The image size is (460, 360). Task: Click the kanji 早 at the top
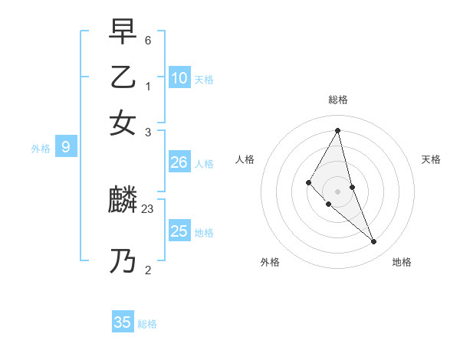pyautogui.click(x=123, y=33)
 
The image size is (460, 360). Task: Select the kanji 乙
pyautogui.click(x=123, y=77)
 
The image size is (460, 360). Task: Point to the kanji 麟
pyautogui.click(x=123, y=201)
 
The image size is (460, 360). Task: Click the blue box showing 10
pyautogui.click(x=179, y=77)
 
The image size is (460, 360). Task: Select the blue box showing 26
pyautogui.click(x=179, y=162)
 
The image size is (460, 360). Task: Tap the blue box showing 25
pyautogui.click(x=179, y=231)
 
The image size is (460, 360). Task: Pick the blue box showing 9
pyautogui.click(x=66, y=147)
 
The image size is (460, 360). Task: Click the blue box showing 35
pyautogui.click(x=123, y=322)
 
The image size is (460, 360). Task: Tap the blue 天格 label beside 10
pyautogui.click(x=204, y=80)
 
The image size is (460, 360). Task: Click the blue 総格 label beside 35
pyautogui.click(x=147, y=324)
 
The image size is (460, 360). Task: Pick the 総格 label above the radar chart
pyautogui.click(x=337, y=100)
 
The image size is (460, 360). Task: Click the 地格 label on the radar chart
pyautogui.click(x=402, y=262)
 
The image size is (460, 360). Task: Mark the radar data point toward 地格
pyautogui.click(x=374, y=242)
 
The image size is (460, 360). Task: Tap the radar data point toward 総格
pyautogui.click(x=337, y=130)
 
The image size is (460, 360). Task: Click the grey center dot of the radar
pyautogui.click(x=337, y=191)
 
